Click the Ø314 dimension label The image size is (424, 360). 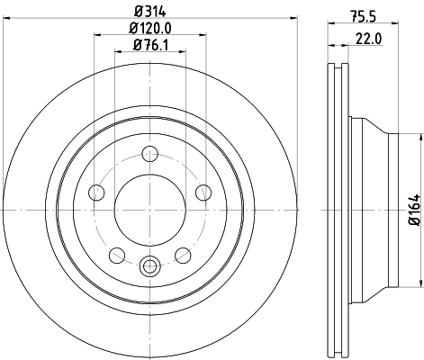[x=149, y=13]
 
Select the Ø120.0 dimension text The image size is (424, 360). [x=149, y=29]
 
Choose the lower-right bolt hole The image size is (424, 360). [x=183, y=255]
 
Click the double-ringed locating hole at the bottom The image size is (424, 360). [x=150, y=265]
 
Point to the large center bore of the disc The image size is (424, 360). [x=150, y=209]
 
